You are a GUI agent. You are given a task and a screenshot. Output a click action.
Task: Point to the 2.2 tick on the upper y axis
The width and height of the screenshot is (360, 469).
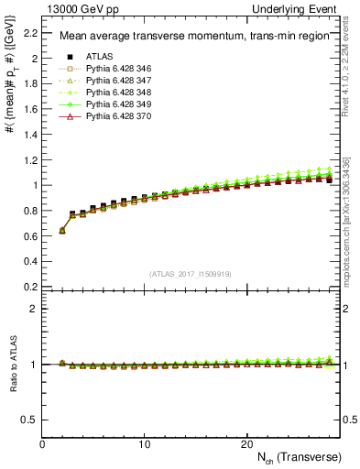pyautogui.click(x=30, y=34)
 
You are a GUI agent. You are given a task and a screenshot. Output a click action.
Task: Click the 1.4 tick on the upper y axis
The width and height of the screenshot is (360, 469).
pyautogui.click(x=30, y=135)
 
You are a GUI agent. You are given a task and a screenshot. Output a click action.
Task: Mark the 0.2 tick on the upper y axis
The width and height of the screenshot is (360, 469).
pyautogui.click(x=30, y=286)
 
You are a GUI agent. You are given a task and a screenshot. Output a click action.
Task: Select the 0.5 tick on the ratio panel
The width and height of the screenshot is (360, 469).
pyautogui.click(x=30, y=420)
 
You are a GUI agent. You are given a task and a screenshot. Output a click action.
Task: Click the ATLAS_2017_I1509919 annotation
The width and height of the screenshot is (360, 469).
pyautogui.click(x=189, y=274)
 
